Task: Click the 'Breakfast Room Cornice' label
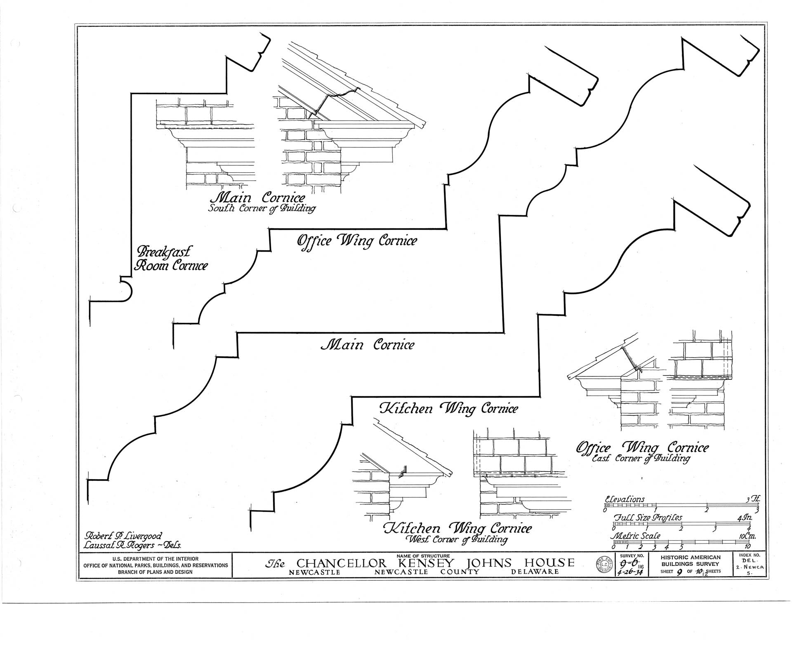[171, 259]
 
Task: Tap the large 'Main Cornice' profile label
[367, 344]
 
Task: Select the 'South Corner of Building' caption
[262, 208]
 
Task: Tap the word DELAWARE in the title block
[535, 572]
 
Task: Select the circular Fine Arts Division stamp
[605, 565]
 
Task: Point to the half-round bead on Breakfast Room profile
[127, 290]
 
